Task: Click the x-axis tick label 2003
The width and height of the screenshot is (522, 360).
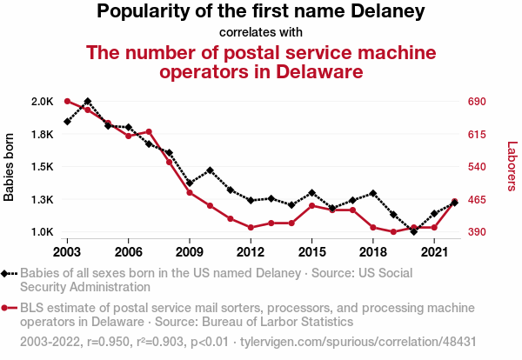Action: [67, 252]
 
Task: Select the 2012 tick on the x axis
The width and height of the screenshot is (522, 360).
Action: [251, 252]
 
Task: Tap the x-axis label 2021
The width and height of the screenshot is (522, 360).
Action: [434, 252]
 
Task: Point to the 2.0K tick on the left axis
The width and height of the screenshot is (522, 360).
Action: [42, 102]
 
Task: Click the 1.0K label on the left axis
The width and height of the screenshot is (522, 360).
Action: [42, 232]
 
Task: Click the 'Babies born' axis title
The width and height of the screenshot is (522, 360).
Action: [10, 167]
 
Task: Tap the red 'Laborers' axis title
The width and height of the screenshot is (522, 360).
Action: [512, 167]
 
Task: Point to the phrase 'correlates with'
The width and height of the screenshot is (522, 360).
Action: [260, 33]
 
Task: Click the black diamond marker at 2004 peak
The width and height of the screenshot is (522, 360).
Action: [88, 102]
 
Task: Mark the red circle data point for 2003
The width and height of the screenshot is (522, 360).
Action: [67, 102]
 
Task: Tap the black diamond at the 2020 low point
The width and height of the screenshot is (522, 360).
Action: [414, 231]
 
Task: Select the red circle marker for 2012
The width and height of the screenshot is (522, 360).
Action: [251, 228]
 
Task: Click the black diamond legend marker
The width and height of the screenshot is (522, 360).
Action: [8, 273]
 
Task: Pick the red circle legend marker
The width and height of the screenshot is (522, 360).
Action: [8, 309]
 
